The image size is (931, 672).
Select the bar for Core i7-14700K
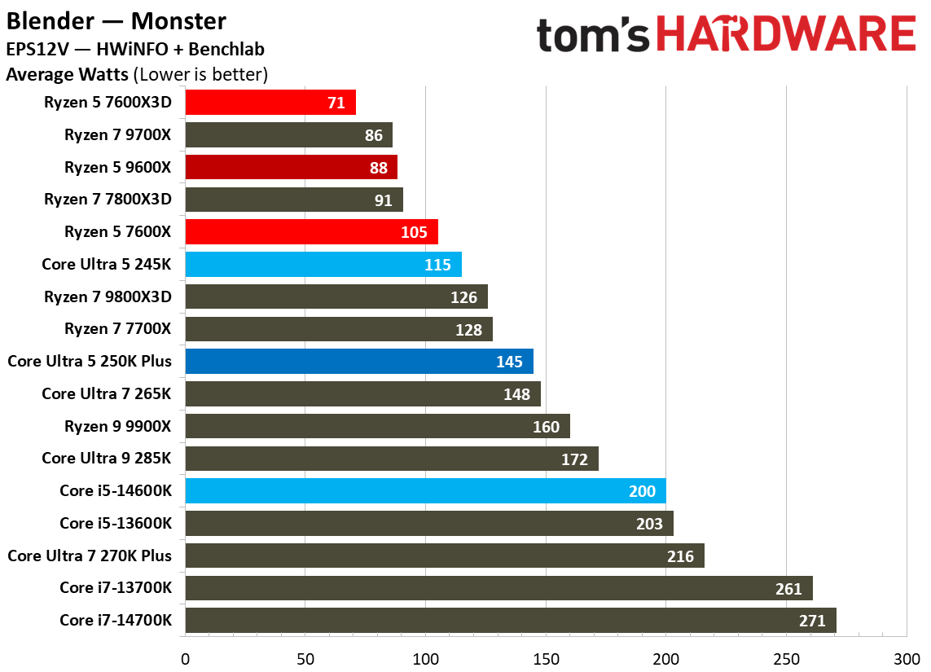(511, 621)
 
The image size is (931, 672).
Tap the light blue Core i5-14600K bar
(425, 491)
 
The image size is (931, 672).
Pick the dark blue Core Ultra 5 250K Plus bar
(359, 362)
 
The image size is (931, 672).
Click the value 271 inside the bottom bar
(811, 621)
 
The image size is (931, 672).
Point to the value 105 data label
(414, 232)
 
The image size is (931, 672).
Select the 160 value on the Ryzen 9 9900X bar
(546, 427)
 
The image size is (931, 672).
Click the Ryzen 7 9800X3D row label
(108, 296)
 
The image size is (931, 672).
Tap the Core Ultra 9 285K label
(107, 459)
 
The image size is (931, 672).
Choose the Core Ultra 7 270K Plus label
(90, 556)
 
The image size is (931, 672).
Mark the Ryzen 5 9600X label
(118, 168)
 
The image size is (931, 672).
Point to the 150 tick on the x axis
(546, 657)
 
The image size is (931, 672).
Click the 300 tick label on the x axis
(906, 657)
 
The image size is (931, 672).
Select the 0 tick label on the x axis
(186, 657)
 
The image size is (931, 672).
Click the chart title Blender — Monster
(116, 20)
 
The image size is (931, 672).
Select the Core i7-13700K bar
(498, 588)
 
